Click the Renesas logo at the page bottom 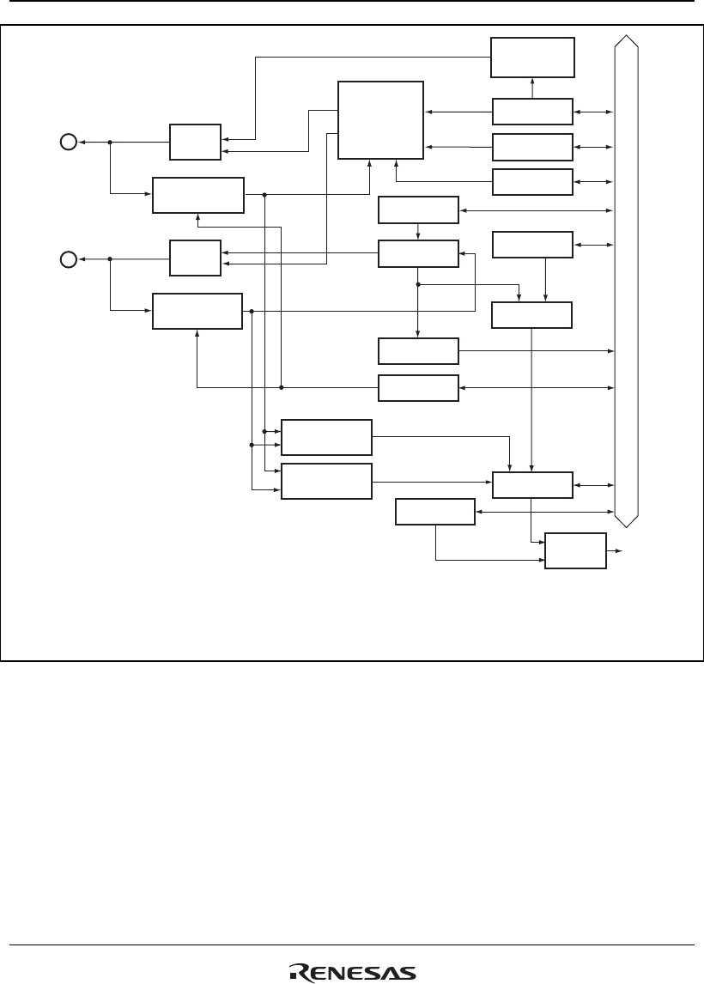coord(353,971)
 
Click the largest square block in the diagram coord(380,120)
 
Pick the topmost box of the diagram coord(532,58)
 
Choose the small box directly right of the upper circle coord(195,142)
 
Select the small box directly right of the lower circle coord(195,258)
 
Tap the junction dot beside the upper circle coord(111,142)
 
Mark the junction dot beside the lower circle coord(111,258)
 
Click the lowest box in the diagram coord(576,550)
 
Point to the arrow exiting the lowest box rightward coord(616,550)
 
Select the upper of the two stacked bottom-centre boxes coord(326,437)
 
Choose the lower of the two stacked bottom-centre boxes coord(326,481)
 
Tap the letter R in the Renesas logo coord(301,972)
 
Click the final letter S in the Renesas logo coord(407,972)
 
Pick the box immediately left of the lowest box coord(434,513)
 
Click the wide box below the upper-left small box coord(198,195)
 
